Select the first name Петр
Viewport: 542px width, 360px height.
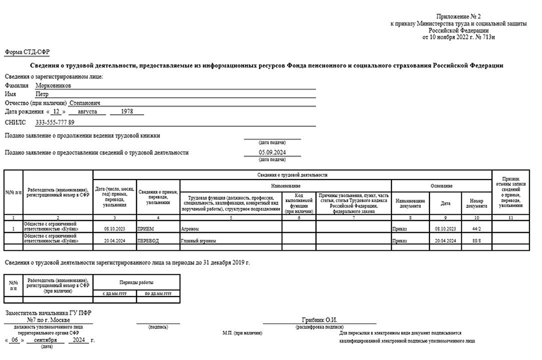(42, 93)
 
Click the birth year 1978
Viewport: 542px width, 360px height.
(127, 111)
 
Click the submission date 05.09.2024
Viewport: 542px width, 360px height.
(272, 152)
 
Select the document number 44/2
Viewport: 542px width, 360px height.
(476, 229)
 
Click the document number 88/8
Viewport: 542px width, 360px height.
(476, 241)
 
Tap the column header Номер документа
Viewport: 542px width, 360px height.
(476, 204)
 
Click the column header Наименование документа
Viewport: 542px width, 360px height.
(409, 203)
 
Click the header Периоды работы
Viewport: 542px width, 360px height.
(135, 283)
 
